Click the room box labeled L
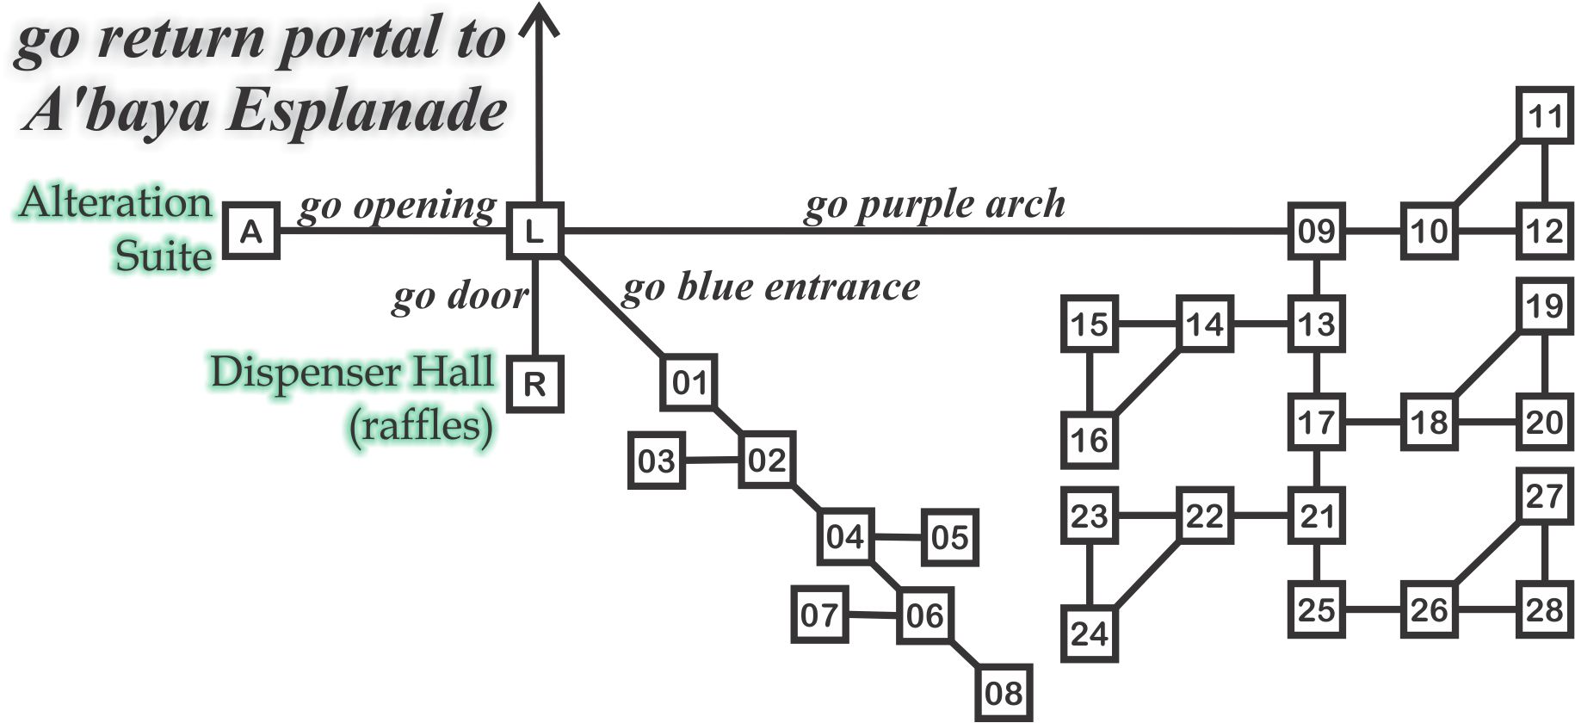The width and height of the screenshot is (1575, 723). (534, 231)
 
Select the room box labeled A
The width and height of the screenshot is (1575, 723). (251, 231)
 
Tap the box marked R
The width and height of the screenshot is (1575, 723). (534, 384)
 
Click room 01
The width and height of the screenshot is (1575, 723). (689, 382)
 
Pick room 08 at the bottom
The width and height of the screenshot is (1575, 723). (1004, 693)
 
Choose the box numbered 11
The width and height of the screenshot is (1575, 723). (1544, 114)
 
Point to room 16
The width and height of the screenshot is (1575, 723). (1090, 440)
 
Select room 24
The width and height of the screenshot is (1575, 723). (1090, 634)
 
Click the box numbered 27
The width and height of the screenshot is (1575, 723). (1544, 496)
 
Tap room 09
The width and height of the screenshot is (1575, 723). (1316, 231)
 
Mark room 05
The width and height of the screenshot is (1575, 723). (949, 537)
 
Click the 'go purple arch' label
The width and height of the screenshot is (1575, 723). (935, 205)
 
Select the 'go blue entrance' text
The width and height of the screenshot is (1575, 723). (770, 287)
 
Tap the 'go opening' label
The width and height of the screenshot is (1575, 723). (397, 207)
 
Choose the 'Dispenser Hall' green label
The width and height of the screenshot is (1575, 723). (352, 372)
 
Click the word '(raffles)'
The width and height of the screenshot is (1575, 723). (421, 425)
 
